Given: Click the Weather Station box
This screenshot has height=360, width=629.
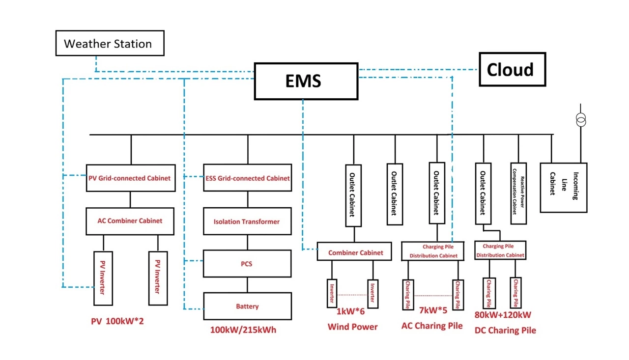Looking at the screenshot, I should (x=109, y=44).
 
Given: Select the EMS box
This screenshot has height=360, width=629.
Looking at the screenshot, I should (x=306, y=81).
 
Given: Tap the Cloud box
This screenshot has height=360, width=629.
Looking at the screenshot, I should (x=512, y=70).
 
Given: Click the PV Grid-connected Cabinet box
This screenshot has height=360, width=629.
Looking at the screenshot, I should (x=130, y=178).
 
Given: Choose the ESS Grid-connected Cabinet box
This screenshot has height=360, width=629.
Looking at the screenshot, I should (x=247, y=178).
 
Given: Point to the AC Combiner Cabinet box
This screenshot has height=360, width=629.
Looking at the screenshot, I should (x=130, y=221).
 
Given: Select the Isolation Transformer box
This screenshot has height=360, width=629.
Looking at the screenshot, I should (x=247, y=222).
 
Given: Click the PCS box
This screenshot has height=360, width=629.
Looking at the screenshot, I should (x=247, y=264).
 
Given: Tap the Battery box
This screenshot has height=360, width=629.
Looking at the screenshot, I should (x=247, y=306).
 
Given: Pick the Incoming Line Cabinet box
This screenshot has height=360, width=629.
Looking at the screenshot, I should (x=563, y=187).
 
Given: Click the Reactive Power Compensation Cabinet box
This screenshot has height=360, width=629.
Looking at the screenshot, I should (x=518, y=193).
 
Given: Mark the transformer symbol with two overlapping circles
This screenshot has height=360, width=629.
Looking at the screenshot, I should (x=581, y=119).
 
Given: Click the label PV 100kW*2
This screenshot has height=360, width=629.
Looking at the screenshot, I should (x=117, y=321).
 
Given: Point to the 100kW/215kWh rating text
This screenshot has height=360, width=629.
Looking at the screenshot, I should (x=243, y=330).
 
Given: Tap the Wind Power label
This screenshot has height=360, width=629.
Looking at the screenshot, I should (x=352, y=327).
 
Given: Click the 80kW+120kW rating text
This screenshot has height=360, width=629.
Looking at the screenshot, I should (x=503, y=315).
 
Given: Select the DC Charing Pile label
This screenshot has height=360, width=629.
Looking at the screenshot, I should (x=505, y=331).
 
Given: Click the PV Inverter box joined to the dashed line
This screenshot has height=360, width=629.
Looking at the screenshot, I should (x=103, y=278).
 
